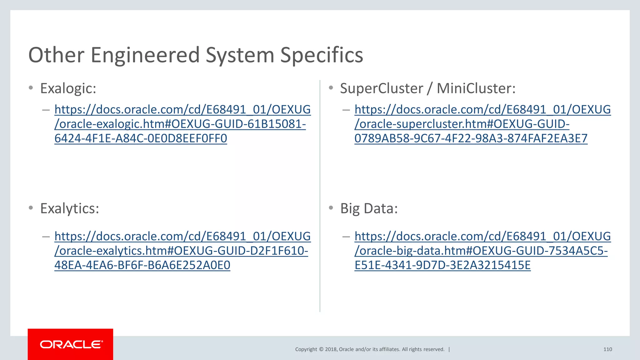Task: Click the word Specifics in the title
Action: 322,55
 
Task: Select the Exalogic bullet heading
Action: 68,88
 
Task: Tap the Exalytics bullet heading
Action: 69,208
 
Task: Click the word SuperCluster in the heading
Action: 382,88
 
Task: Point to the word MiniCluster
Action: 476,88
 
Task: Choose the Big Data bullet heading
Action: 369,208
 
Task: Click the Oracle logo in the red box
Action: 71,344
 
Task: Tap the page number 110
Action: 607,349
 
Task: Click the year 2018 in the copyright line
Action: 331,349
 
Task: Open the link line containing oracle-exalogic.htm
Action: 180,124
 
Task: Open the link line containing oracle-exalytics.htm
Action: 181,251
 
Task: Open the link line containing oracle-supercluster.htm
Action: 462,124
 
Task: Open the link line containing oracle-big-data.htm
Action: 481,251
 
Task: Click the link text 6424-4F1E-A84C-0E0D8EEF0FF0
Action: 141,138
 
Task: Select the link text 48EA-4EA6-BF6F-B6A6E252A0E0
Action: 142,265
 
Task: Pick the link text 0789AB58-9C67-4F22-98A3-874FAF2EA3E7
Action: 471,138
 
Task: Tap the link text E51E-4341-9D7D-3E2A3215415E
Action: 442,265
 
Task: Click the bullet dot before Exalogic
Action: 31,88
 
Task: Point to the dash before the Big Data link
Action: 346,237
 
